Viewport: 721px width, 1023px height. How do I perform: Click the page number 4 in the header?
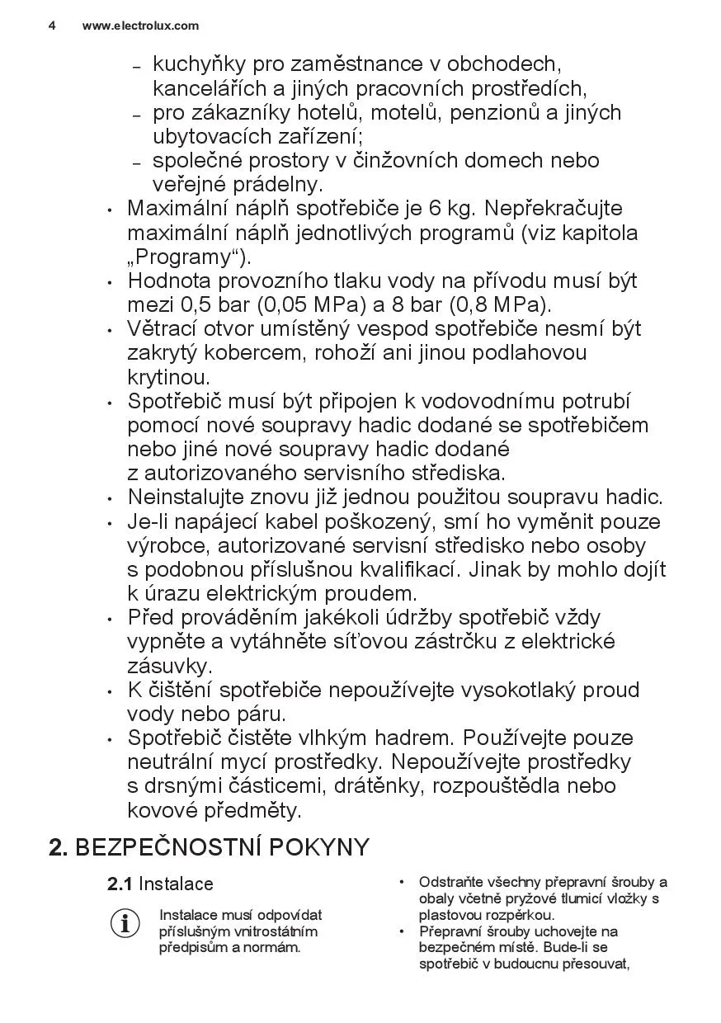52,26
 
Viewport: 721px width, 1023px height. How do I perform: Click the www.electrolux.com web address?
140,26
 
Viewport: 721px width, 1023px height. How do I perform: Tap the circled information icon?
125,923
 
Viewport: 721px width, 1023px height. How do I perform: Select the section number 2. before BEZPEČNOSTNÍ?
59,847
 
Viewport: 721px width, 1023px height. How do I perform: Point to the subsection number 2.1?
120,884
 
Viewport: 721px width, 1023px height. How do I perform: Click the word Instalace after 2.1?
176,884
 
